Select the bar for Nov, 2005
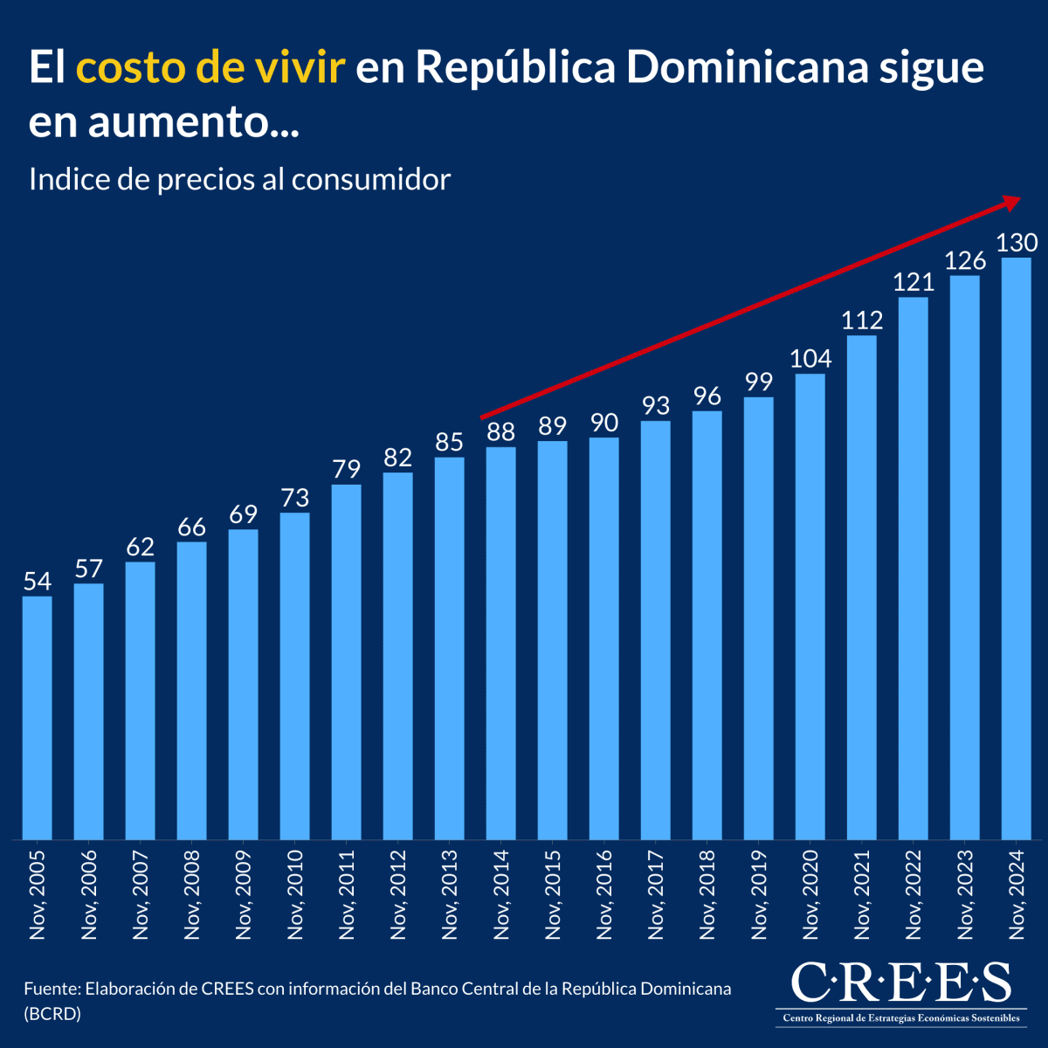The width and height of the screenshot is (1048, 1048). [x=37, y=718]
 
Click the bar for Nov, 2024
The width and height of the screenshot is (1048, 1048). [x=1016, y=548]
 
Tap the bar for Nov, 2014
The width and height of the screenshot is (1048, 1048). [x=501, y=644]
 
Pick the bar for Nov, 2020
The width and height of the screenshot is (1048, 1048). [x=810, y=607]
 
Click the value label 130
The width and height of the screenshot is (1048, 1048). [x=1017, y=242]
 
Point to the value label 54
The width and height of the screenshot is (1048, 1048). [x=37, y=582]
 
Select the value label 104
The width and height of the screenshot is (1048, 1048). [x=810, y=359]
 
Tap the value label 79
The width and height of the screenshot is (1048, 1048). [x=347, y=470]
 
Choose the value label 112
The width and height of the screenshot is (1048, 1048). [x=862, y=321]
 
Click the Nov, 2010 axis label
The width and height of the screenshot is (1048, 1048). [x=295, y=894]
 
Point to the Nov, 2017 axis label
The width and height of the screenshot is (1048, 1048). [x=656, y=894]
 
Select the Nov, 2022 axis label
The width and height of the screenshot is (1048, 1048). [x=914, y=894]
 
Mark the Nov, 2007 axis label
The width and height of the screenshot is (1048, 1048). [x=141, y=894]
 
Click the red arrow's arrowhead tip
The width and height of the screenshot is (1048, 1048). [x=1018, y=200]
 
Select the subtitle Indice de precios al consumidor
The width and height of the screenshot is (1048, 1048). [x=239, y=179]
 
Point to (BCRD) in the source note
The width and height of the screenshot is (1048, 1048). [x=52, y=1014]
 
